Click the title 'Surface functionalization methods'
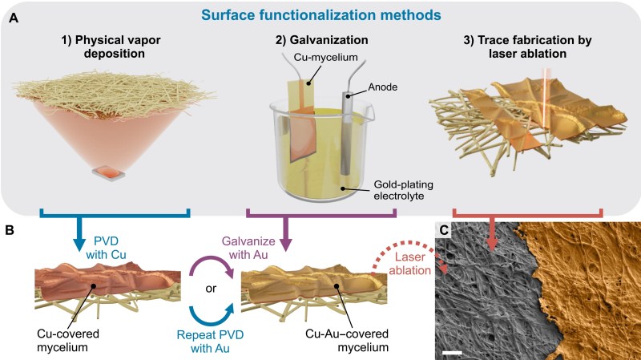(320, 13)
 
